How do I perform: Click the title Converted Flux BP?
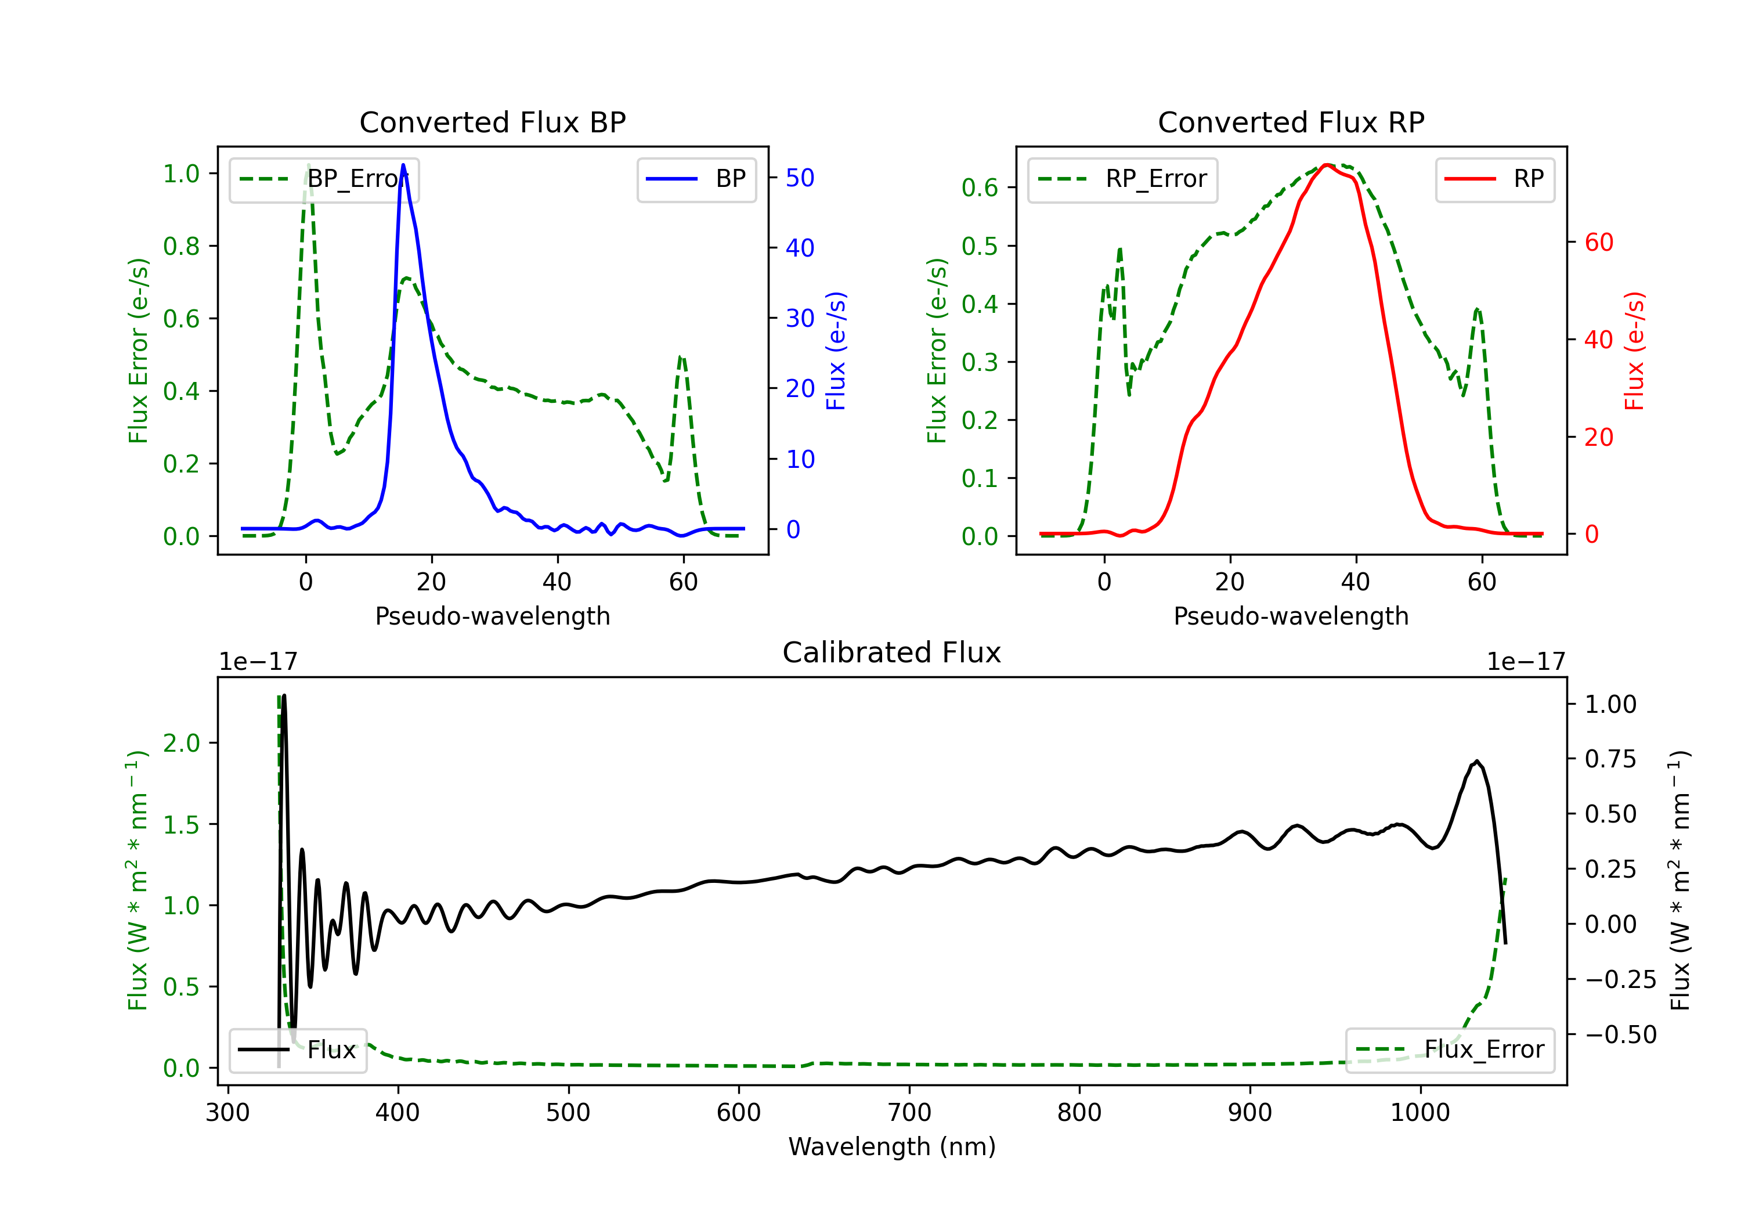click(x=492, y=122)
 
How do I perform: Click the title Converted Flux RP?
click(x=1291, y=122)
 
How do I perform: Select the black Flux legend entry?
click(x=298, y=1050)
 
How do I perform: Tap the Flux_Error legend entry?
click(x=1450, y=1050)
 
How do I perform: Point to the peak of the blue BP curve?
click(x=403, y=165)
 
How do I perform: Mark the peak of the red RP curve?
click(x=1325, y=165)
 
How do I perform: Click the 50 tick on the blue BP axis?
click(x=800, y=178)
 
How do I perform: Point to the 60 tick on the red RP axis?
click(x=1598, y=243)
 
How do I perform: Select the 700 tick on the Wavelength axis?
click(x=909, y=1112)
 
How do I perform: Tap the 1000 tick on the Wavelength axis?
click(x=1419, y=1112)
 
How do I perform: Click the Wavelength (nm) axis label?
click(x=892, y=1146)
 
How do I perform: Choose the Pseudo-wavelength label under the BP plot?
click(x=492, y=616)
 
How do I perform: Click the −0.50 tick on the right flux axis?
click(x=1620, y=1034)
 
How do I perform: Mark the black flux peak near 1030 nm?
click(x=1476, y=761)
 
